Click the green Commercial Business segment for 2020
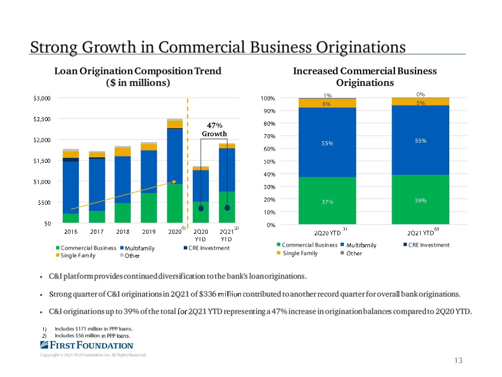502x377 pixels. coord(175,204)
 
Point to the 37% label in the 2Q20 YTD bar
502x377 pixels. coord(327,202)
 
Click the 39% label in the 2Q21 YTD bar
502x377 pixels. coord(420,201)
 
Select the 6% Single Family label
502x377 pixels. coord(327,104)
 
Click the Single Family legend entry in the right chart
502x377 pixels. coord(300,253)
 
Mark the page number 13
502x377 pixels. coord(457,360)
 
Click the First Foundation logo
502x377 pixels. coord(86,345)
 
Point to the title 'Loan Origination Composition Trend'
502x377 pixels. coord(138,71)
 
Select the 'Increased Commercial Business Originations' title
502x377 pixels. coord(365,76)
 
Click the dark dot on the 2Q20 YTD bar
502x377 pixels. coord(201,208)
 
